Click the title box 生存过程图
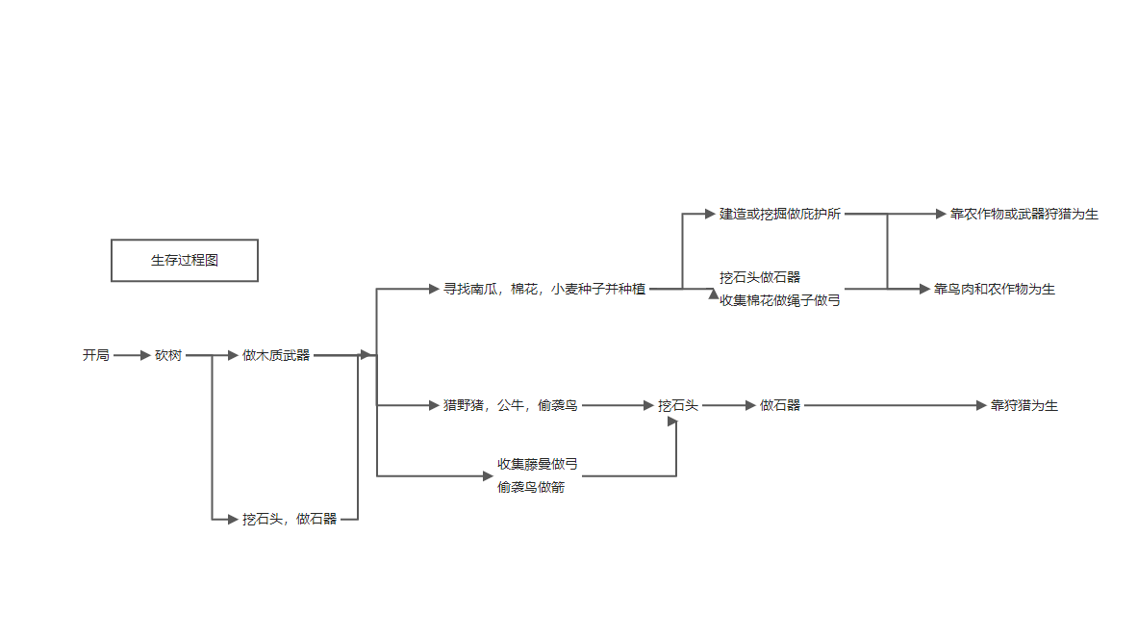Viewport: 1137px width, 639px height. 185,260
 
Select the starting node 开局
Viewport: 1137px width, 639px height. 96,355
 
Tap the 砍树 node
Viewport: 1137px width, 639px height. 168,355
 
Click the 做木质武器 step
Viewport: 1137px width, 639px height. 276,355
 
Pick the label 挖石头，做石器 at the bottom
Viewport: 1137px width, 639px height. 290,520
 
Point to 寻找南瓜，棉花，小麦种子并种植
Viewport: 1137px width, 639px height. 544,289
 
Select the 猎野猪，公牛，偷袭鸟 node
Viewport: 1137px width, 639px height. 510,406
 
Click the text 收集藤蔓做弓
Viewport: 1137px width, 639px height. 538,464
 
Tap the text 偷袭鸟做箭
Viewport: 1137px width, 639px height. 531,487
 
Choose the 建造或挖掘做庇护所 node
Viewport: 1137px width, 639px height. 780,214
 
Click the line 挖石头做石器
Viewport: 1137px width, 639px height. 760,277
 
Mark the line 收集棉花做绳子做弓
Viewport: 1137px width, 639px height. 780,300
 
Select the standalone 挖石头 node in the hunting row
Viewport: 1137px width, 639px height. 678,406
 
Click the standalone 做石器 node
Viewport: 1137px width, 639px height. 780,406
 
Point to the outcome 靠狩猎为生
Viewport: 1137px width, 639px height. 1024,406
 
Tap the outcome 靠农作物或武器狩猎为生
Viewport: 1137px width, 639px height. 1024,214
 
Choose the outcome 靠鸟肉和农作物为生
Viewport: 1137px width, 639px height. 995,289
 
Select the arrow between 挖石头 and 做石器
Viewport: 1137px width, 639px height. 729,406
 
